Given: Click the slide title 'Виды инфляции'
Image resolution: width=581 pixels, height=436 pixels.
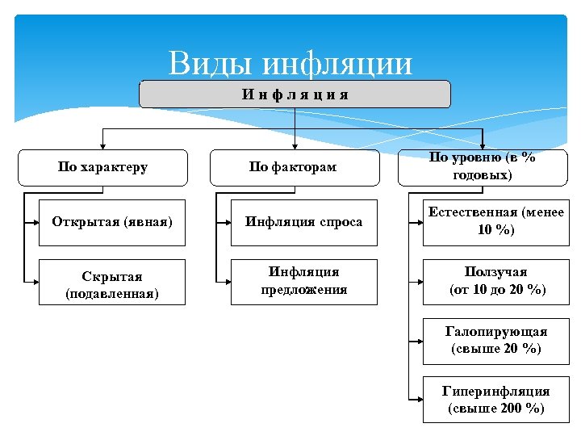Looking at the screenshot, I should pos(290,63).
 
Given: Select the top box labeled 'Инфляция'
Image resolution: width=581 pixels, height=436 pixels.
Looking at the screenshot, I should pos(295,94).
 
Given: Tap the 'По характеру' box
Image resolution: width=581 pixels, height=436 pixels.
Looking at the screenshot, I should pos(102,168).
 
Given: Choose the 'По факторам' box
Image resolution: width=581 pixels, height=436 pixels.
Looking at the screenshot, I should pos(293,168).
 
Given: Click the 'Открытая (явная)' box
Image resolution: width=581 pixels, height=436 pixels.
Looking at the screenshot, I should pos(112,222).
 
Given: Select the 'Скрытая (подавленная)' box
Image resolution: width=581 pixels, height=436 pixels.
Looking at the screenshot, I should pos(112,282).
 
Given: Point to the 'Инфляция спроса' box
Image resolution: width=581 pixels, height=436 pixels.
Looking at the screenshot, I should pos(304,222).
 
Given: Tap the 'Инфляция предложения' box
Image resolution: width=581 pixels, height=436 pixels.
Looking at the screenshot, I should pos(304,282).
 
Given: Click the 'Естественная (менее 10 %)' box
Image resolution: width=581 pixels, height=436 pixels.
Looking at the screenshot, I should pos(495,222).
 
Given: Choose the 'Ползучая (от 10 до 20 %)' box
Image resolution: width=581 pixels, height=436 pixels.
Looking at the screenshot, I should pos(495,282).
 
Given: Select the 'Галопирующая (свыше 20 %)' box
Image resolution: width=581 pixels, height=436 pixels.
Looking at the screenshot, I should pos(495,341).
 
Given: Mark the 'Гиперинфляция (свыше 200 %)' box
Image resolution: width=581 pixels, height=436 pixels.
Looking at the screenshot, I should pos(495,400).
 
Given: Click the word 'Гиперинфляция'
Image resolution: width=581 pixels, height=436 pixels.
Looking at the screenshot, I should pos(496,392).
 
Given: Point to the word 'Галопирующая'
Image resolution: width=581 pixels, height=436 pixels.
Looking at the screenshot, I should pos(496,332).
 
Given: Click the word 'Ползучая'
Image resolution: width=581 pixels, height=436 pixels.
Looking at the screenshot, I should pos(496,273).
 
